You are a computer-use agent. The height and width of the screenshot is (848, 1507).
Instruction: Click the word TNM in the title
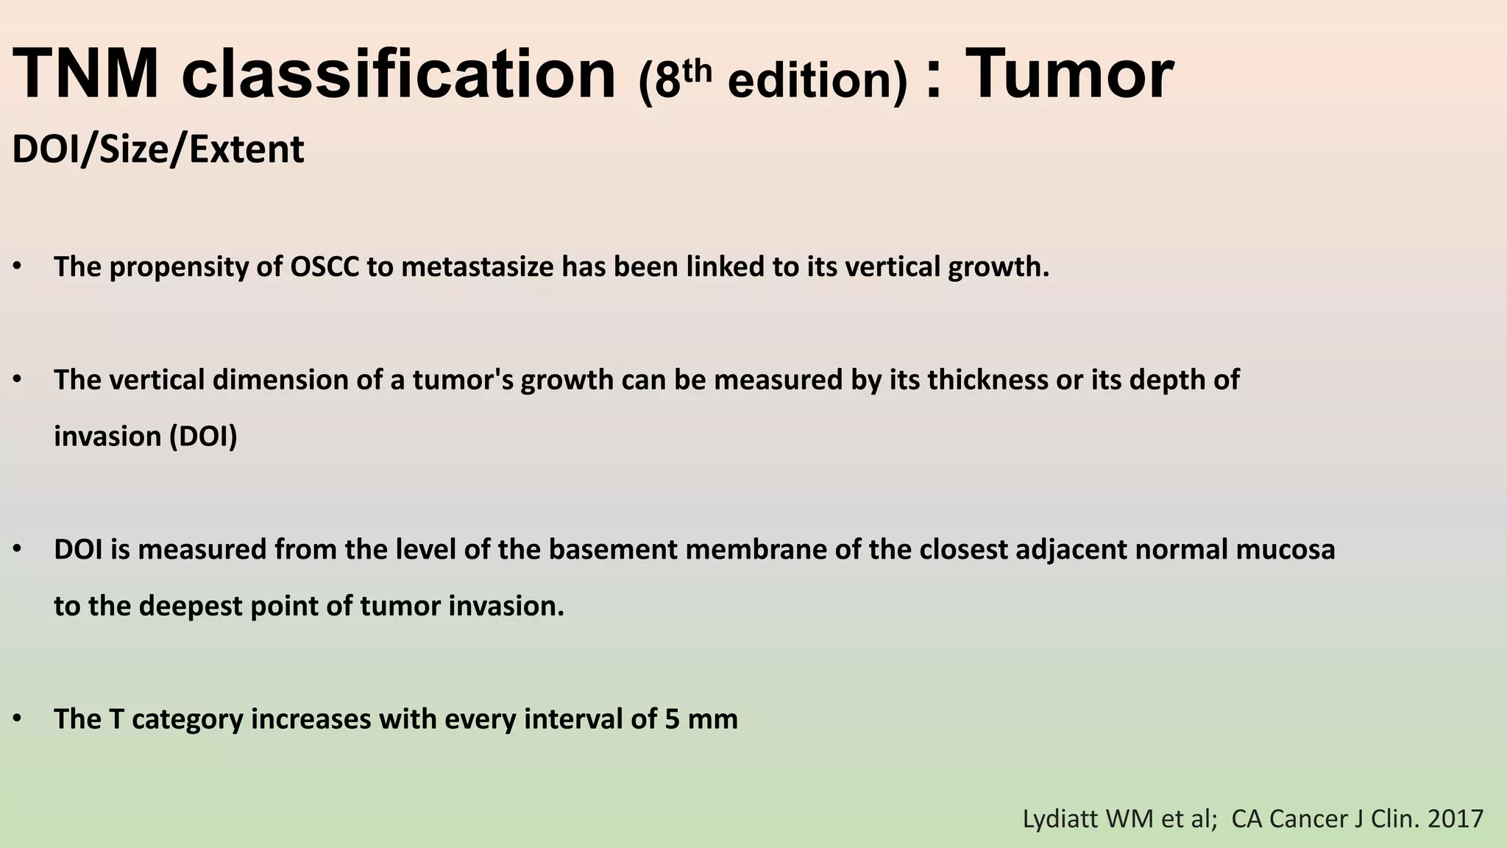[87, 75]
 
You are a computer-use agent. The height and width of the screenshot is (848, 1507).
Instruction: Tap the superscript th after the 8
[696, 71]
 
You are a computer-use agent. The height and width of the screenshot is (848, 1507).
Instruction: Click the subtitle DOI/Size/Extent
[158, 149]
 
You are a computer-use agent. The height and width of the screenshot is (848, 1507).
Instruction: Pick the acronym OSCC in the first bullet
[325, 266]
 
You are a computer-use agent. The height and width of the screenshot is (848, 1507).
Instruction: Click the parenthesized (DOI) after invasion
[203, 437]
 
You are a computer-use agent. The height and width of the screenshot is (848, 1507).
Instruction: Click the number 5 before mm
[672, 719]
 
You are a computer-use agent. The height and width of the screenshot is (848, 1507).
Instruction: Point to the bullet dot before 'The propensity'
[17, 266]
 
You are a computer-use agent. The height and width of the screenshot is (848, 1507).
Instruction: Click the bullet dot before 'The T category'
[17, 719]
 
